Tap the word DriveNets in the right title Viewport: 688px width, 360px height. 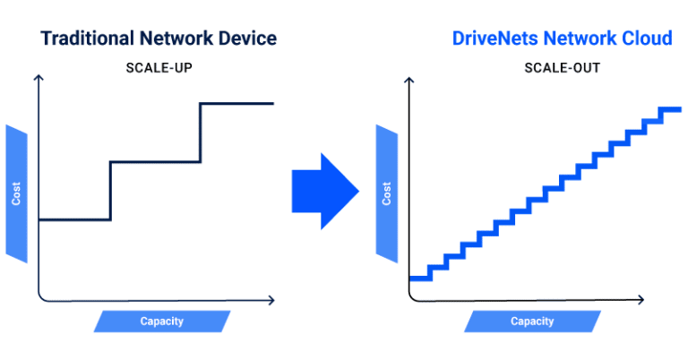click(491, 39)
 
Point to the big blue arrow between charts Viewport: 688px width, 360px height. click(324, 191)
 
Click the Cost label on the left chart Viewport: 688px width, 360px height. click(17, 193)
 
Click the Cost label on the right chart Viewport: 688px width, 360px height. click(387, 193)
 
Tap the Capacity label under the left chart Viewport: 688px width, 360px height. click(161, 321)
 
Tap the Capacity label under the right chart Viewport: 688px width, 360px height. click(532, 321)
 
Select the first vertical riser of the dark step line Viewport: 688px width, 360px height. click(110, 191)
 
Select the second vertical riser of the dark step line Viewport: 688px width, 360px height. click(200, 133)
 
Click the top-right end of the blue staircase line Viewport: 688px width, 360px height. click(678, 110)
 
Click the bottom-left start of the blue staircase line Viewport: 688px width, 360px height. click(412, 279)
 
